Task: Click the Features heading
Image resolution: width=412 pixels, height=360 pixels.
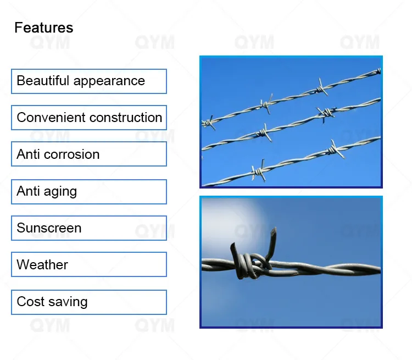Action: point(43,27)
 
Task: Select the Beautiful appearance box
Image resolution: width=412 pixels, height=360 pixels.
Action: point(88,81)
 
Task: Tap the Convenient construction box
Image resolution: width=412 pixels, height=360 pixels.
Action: point(88,118)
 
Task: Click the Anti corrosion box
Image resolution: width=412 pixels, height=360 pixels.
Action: point(88,154)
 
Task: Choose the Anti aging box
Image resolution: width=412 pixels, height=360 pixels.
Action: point(88,191)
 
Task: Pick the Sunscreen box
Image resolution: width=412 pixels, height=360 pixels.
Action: point(88,228)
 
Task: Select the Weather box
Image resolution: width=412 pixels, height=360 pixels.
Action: point(88,264)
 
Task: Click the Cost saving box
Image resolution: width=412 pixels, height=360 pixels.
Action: point(88,302)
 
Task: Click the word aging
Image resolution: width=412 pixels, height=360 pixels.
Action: point(61,192)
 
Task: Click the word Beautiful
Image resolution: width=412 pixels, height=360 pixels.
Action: point(43,81)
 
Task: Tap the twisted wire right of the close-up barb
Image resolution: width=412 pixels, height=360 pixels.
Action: point(330,269)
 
